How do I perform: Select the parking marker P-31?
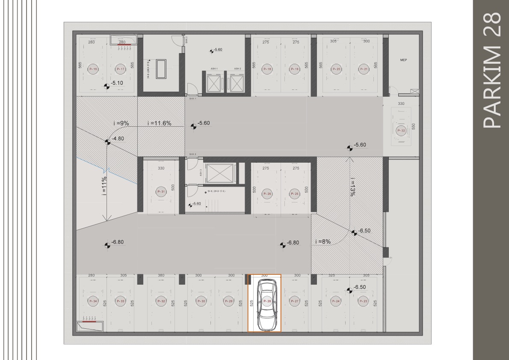pyautogui.click(x=161, y=192)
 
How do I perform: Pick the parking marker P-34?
pyautogui.click(x=93, y=301)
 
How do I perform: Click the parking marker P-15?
pyautogui.click(x=93, y=69)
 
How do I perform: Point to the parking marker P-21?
pyautogui.click(x=364, y=69)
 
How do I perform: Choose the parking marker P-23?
pyautogui.click(x=363, y=301)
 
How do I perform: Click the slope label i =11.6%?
pyautogui.click(x=159, y=123)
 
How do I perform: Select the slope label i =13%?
pyautogui.click(x=352, y=187)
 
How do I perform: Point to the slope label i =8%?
pyautogui.click(x=323, y=241)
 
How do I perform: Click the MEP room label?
pyautogui.click(x=403, y=60)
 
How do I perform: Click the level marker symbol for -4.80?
pyautogui.click(x=107, y=142)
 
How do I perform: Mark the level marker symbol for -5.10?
pyautogui.click(x=107, y=86)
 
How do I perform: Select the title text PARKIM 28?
pyautogui.click(x=491, y=70)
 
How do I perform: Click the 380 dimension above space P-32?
pyautogui.click(x=161, y=275)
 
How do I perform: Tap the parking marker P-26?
pyautogui.click(x=266, y=194)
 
